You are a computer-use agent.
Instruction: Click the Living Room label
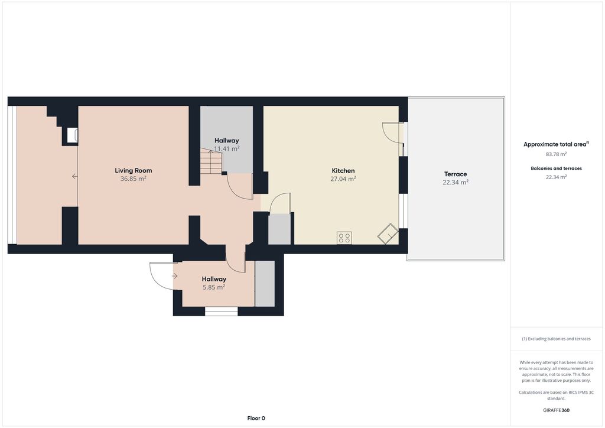coord(134,170)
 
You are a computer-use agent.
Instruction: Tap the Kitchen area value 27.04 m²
coord(343,179)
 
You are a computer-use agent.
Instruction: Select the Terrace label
coord(456,174)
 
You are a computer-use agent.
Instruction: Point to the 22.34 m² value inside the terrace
coord(456,182)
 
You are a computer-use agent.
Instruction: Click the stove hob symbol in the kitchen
coord(344,238)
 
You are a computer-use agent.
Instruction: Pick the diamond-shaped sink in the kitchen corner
coord(388,234)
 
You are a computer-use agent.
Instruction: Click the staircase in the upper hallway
coord(212,161)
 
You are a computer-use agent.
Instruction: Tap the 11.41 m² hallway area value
coord(227,148)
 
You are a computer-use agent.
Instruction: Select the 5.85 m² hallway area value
coord(214,287)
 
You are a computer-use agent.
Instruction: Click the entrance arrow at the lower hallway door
coord(175,276)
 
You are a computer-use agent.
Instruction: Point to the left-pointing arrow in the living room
coord(75,176)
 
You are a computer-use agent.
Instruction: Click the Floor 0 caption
coord(256,418)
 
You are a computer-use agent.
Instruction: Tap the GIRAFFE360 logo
coord(556,410)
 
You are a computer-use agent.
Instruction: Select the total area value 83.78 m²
coord(556,154)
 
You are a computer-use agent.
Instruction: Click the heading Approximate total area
coord(555,144)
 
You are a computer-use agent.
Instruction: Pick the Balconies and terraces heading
coord(556,168)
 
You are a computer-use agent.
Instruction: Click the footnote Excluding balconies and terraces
coord(556,339)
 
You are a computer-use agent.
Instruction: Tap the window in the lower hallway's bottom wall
coord(221,311)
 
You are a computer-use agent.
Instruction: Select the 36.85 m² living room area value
coord(134,179)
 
